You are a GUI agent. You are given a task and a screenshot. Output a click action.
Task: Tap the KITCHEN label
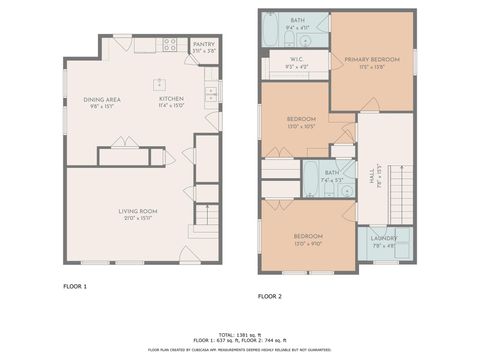[172, 100]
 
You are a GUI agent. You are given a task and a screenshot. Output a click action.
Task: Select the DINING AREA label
[104, 100]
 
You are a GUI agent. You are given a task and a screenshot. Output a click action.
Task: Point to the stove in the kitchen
[170, 44]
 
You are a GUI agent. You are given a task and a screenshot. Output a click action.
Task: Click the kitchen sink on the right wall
[210, 96]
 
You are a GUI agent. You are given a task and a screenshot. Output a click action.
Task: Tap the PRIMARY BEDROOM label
[371, 60]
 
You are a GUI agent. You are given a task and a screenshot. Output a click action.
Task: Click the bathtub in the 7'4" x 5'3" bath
[311, 181]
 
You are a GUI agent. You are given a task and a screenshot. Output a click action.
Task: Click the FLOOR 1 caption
[75, 286]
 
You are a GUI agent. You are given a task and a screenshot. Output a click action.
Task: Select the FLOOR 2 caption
[270, 296]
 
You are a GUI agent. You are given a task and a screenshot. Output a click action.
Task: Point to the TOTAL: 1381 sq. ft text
[240, 333]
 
